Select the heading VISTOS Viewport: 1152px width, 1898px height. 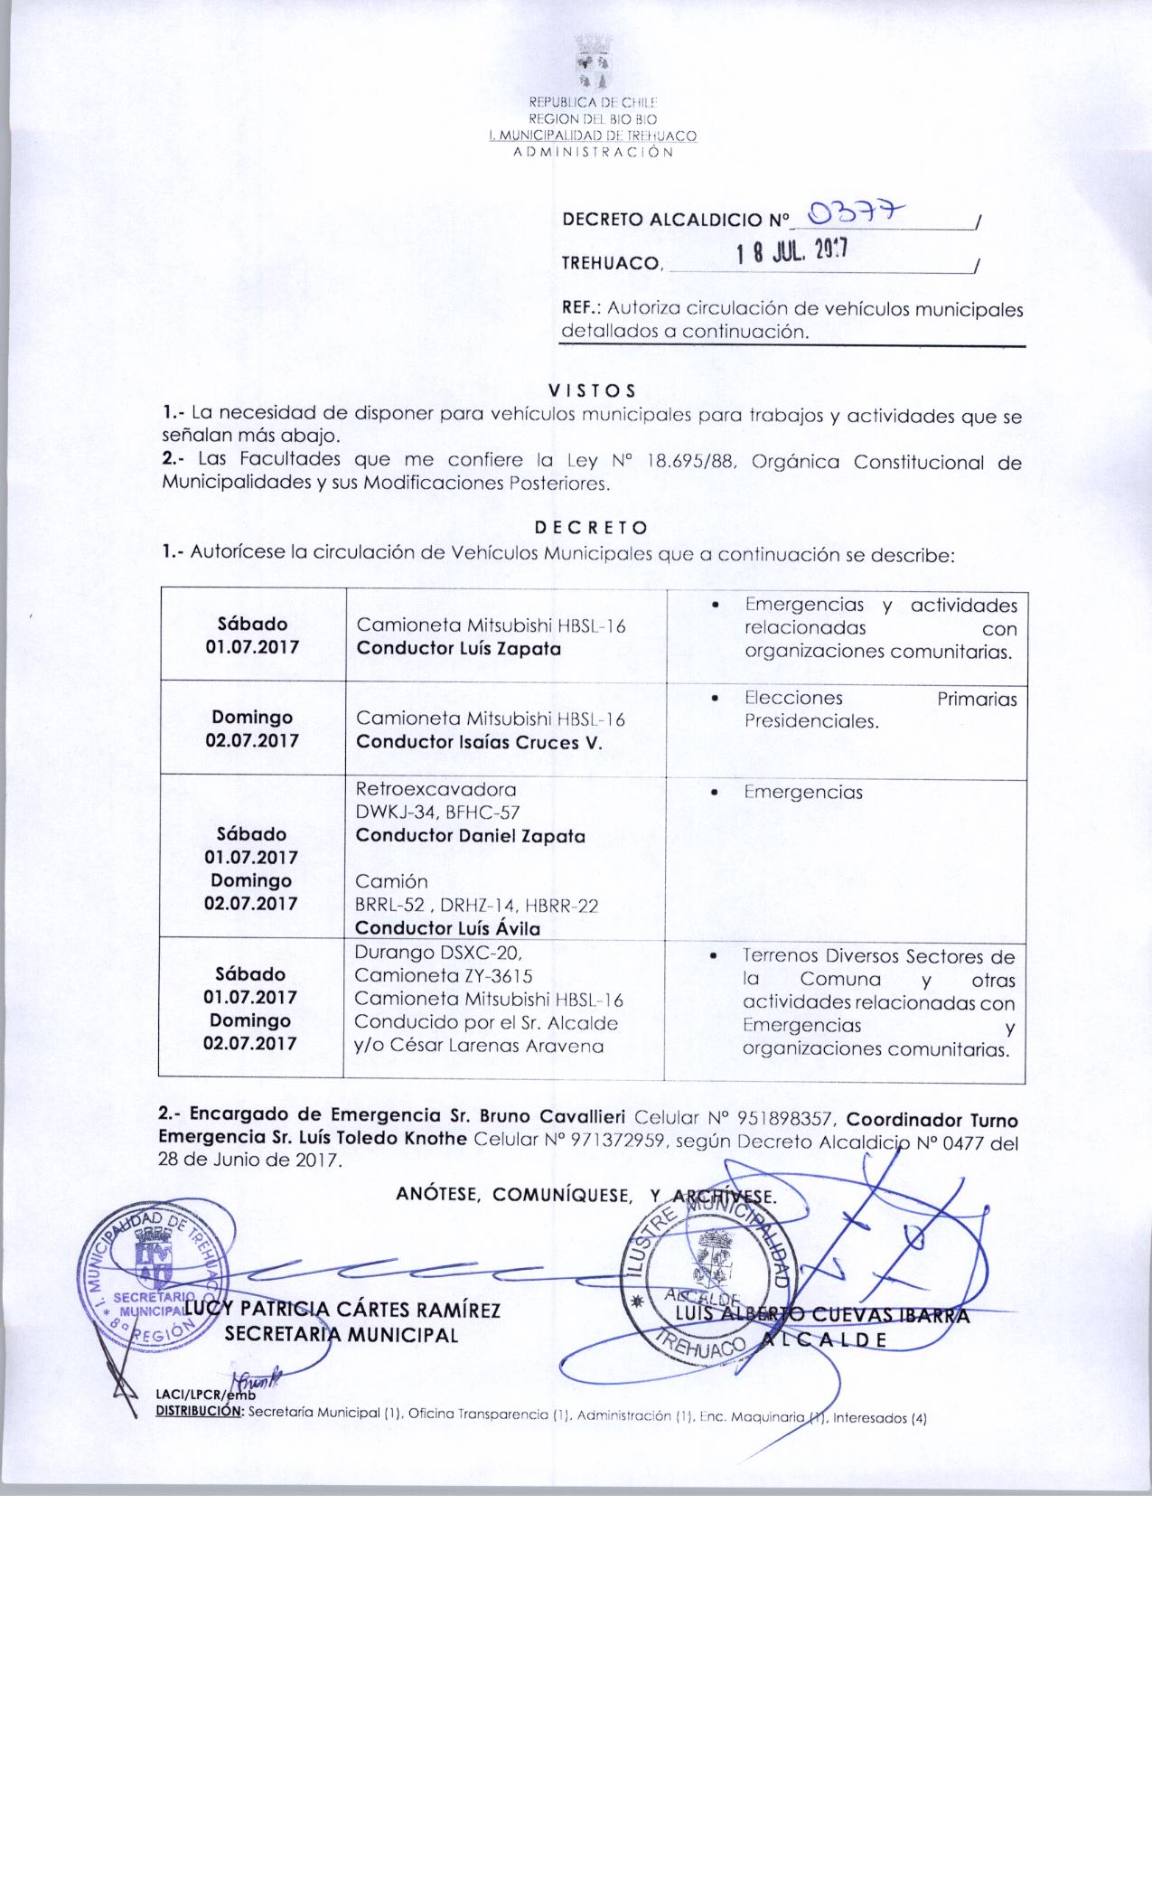pos(592,390)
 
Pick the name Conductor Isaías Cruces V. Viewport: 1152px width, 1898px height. pos(478,742)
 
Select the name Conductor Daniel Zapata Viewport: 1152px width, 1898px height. pos(470,835)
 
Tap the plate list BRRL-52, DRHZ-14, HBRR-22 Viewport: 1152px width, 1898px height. pos(477,905)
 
